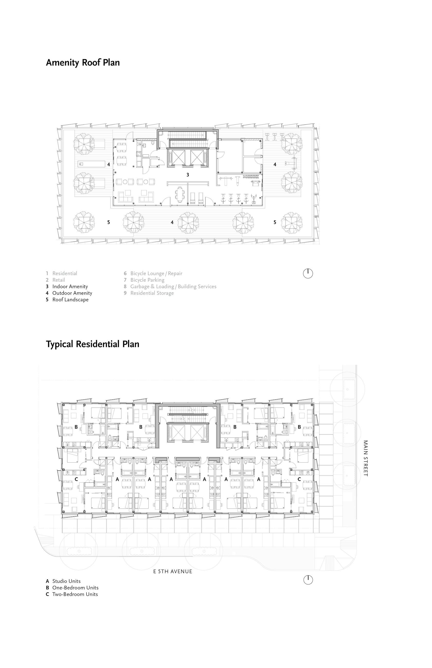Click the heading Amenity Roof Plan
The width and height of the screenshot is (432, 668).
click(83, 63)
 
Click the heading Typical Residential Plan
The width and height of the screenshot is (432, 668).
click(93, 344)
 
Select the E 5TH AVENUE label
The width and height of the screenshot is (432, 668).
click(173, 572)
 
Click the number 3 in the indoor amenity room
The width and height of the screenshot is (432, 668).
click(188, 175)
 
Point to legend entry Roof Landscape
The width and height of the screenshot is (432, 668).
click(67, 300)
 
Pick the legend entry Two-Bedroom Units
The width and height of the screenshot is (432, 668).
click(72, 594)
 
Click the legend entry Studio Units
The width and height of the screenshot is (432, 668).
click(64, 581)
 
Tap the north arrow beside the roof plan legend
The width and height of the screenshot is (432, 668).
click(308, 273)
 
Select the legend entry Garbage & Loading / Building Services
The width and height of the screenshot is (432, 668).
click(170, 287)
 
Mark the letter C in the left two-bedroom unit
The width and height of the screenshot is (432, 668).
click(76, 479)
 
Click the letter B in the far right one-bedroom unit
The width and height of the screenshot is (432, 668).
click(299, 427)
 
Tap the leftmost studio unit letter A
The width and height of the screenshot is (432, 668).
click(117, 479)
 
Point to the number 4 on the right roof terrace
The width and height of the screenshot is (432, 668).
click(275, 164)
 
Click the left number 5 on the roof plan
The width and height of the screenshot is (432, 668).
click(109, 222)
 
